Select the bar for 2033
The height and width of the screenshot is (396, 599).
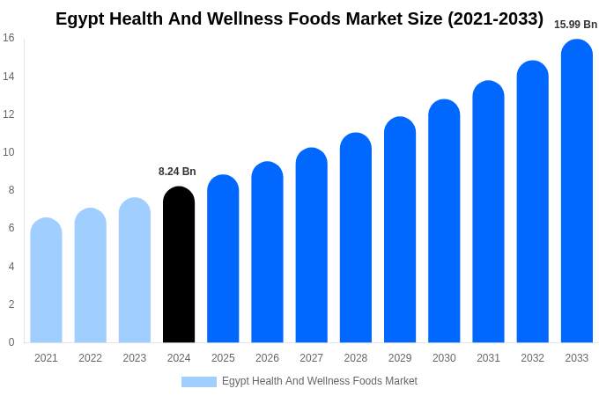576,191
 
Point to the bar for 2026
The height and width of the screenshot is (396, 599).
267,253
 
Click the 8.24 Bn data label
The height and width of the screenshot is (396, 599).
177,172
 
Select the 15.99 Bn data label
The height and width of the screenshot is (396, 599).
575,25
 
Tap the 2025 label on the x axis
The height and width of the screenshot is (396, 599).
223,358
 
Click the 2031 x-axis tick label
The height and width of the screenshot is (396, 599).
488,358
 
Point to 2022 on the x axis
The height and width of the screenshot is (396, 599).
90,358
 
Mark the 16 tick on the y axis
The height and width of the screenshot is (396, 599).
9,38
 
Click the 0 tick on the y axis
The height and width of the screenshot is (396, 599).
11,342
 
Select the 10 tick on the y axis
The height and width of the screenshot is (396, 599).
9,152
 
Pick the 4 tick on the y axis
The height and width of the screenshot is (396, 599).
11,267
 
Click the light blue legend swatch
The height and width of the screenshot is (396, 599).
198,382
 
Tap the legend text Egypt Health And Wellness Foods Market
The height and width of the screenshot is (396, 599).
319,381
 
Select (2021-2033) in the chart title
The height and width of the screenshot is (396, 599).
494,18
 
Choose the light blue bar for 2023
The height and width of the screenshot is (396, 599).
135,270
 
